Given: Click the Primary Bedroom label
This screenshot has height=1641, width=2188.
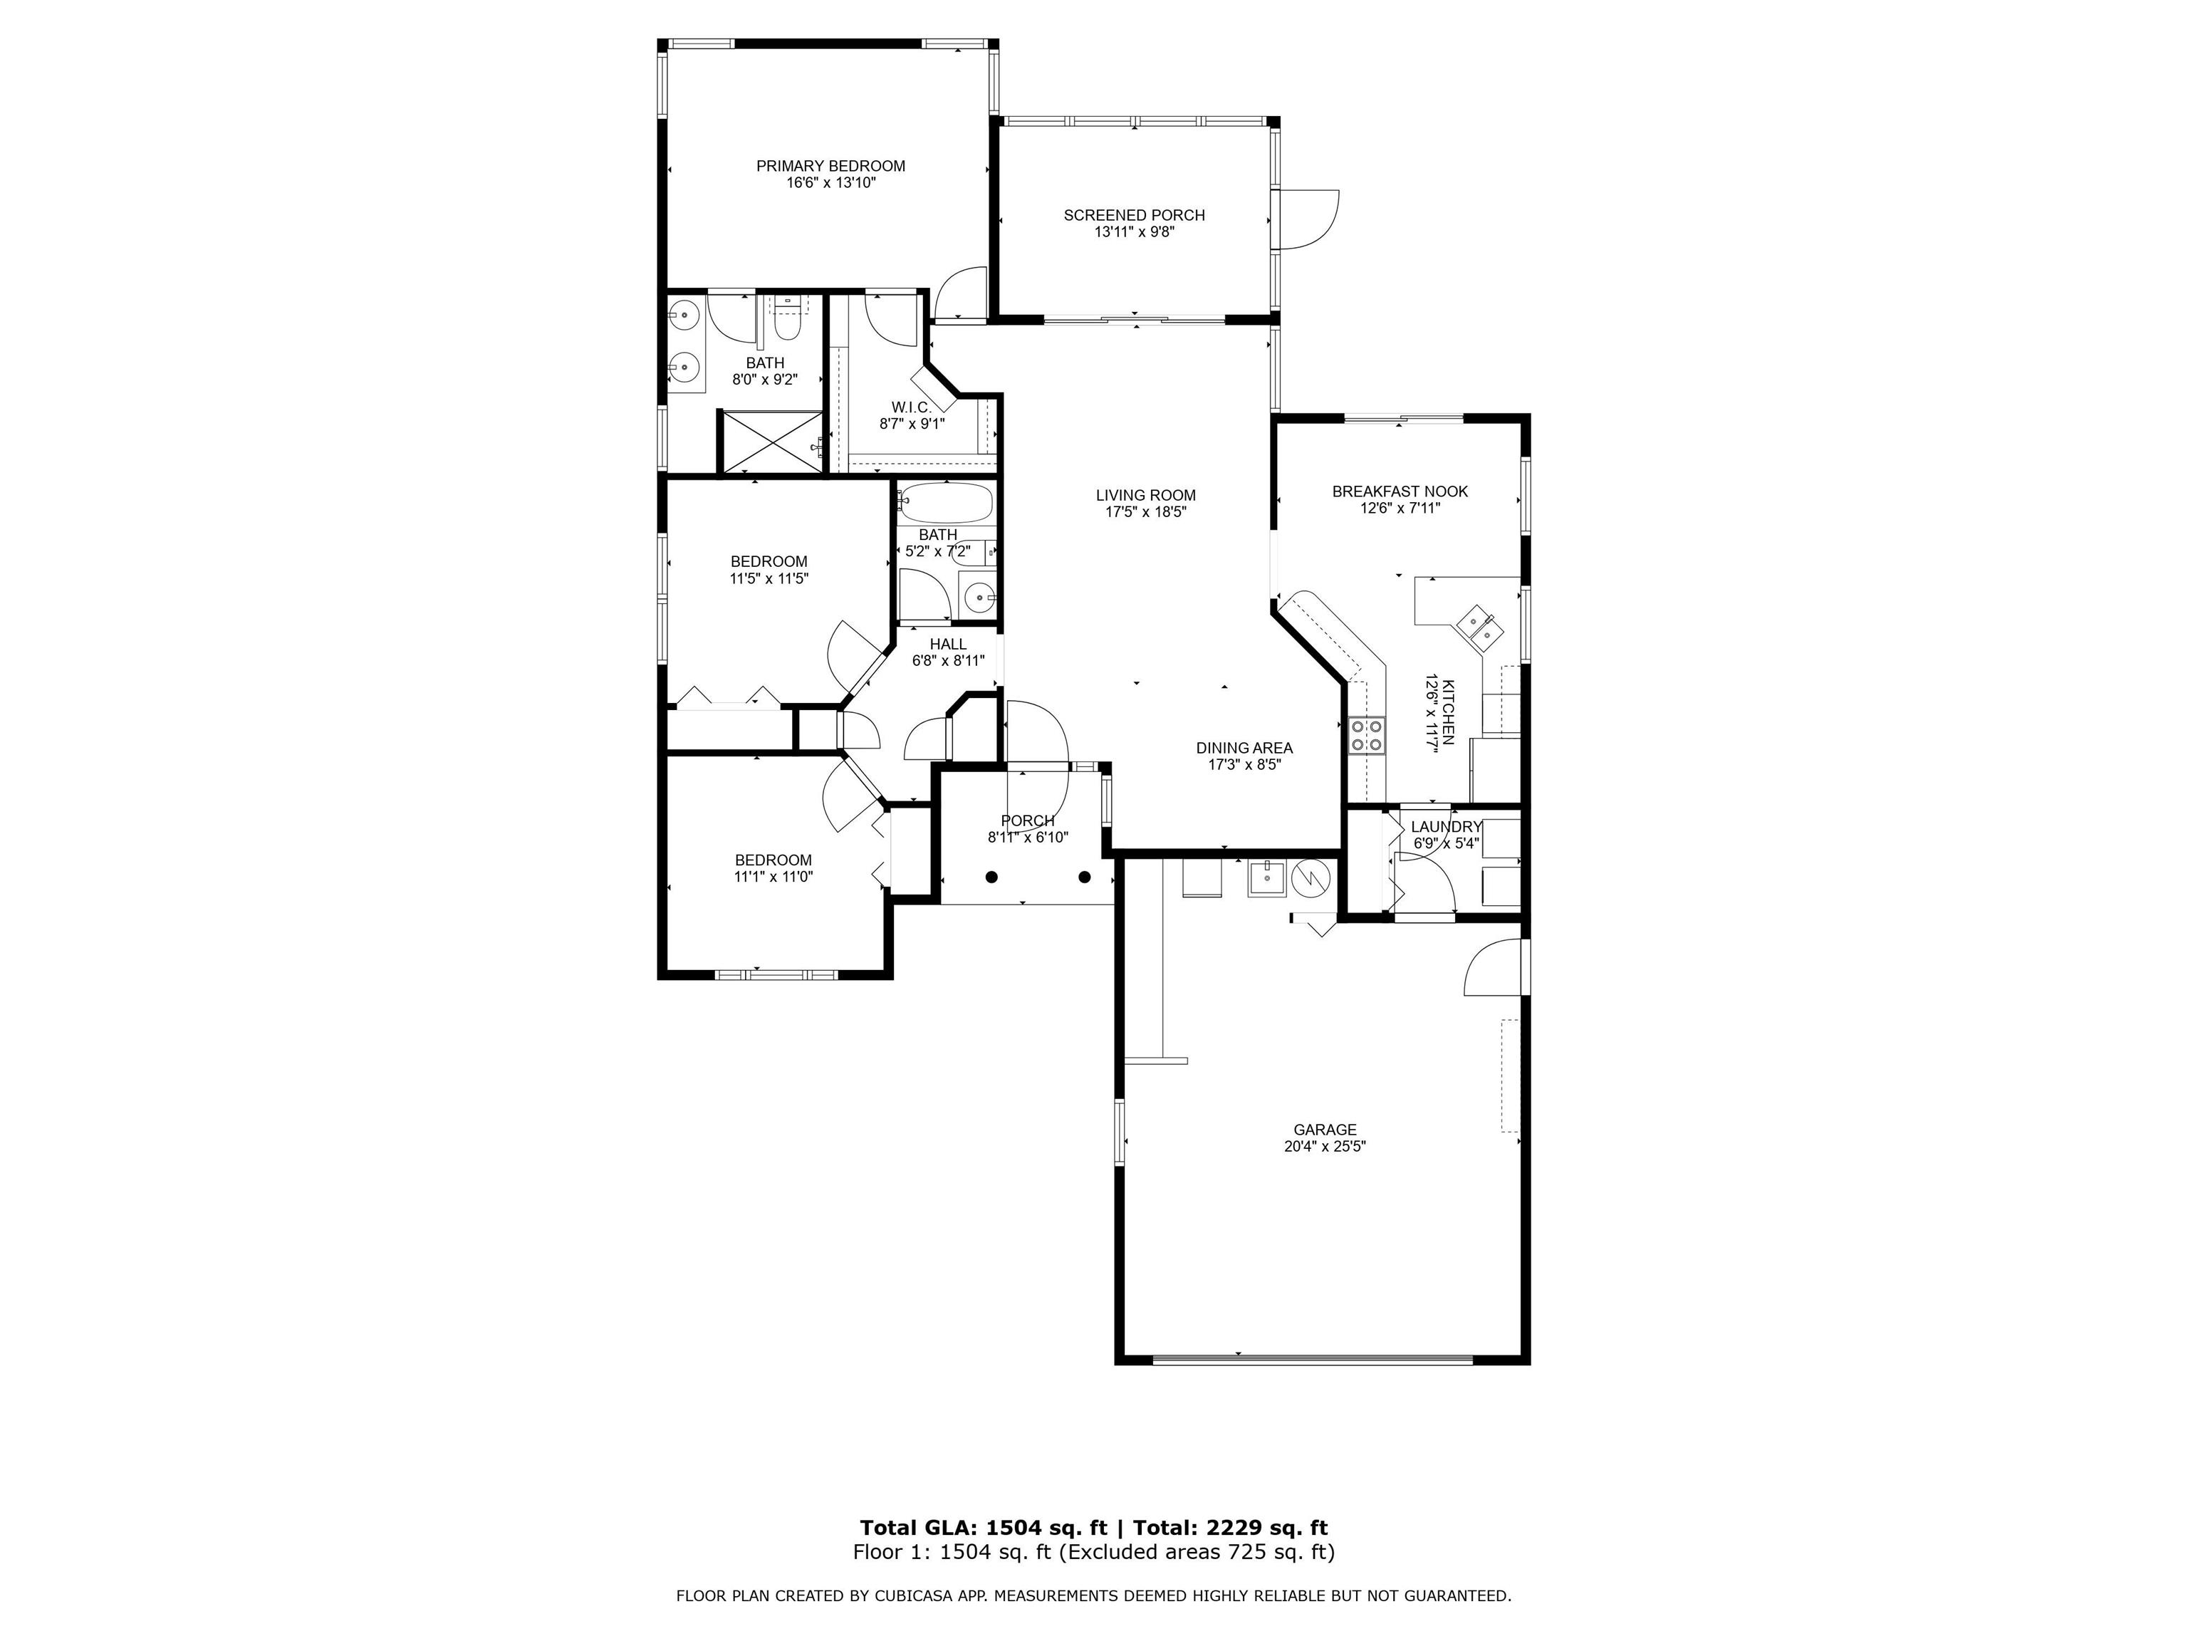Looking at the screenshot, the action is (831, 166).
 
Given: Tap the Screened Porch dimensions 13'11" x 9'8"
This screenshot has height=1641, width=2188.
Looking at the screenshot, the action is (1135, 232).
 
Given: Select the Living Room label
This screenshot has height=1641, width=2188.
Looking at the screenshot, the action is (1145, 496).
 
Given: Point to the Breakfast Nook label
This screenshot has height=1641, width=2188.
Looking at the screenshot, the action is (1400, 491).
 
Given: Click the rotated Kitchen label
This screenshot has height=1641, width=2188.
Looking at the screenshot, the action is (1448, 712).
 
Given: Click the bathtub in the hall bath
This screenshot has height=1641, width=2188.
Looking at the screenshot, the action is (946, 504).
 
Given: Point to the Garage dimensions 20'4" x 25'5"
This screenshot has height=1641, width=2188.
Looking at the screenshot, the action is (1325, 1147).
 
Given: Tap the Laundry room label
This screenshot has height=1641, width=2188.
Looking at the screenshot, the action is (1446, 827).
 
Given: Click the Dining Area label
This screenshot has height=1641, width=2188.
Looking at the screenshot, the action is (1244, 748).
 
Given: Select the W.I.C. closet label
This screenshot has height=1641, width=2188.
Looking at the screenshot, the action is (911, 407).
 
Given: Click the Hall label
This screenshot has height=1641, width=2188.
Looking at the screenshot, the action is (947, 644).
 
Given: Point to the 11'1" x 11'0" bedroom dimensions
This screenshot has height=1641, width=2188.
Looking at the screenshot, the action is (773, 876).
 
